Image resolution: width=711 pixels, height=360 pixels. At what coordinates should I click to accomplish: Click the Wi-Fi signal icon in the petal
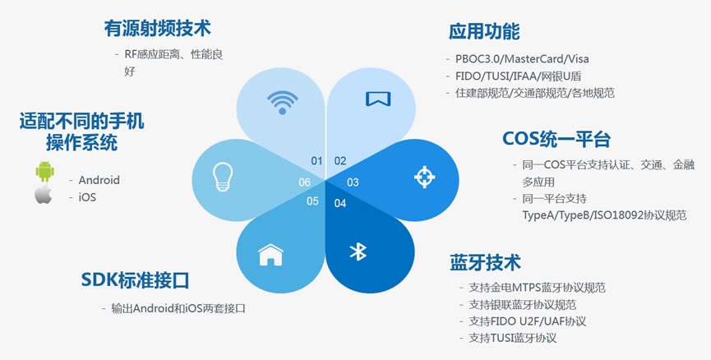coord(282,103)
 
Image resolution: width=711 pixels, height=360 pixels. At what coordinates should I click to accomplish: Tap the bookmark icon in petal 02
coord(378,99)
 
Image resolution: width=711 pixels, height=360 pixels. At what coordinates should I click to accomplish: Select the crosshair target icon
coord(424,177)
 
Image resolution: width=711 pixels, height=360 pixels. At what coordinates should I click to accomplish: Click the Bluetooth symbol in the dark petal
coord(358,252)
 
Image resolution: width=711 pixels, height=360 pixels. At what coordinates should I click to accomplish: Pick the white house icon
coord(270,254)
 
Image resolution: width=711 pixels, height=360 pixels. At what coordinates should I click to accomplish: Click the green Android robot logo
coord(45,172)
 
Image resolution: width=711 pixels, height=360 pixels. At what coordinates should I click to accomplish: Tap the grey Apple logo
coord(43,194)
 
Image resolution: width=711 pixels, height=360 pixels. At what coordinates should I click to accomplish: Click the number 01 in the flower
coord(316,161)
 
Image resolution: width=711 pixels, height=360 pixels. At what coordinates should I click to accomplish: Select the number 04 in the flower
coord(340,203)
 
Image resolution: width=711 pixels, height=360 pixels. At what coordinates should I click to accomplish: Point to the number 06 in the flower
coord(304,182)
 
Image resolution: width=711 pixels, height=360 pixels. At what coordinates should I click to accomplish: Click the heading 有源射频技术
coord(157,29)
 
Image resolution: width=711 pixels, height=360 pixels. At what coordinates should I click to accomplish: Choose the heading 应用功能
coord(484,31)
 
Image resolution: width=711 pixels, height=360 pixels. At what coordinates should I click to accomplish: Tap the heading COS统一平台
coord(556,139)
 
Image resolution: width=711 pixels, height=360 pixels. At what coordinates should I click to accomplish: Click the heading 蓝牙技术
coord(485,262)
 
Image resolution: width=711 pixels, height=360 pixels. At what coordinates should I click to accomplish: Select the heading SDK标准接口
coord(135,280)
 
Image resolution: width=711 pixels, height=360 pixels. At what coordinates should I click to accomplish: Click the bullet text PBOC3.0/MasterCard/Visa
coord(522,59)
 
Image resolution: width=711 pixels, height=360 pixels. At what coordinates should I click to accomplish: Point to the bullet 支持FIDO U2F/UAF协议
coord(528,321)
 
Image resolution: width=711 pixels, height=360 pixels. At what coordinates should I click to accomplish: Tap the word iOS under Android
coord(87,198)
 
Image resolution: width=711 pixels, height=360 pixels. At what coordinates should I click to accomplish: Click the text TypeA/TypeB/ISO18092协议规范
coord(604,215)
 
